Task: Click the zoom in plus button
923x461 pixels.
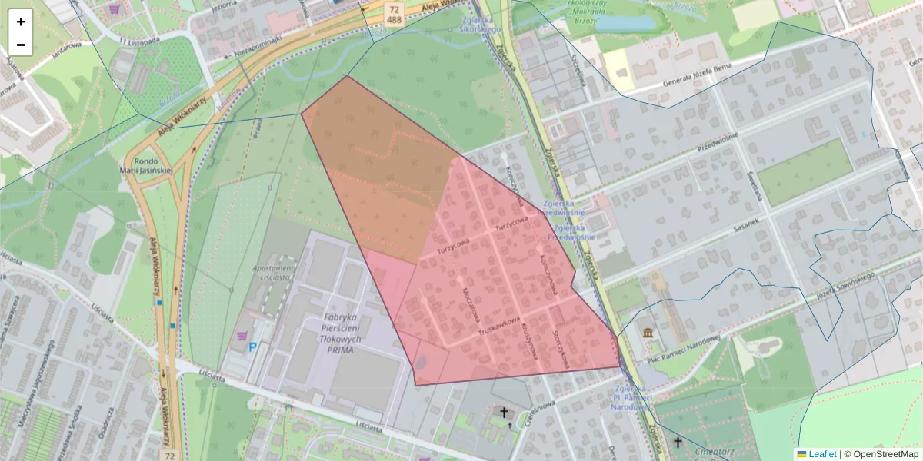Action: click(x=21, y=22)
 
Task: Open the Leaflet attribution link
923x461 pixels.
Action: click(x=821, y=454)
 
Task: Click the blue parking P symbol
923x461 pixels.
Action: click(x=252, y=347)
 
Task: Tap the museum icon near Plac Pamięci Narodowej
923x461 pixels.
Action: click(x=648, y=332)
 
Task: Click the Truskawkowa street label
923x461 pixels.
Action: click(x=499, y=326)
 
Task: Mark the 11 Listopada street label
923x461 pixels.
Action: click(x=138, y=39)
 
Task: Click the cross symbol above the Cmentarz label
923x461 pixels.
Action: click(x=678, y=442)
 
